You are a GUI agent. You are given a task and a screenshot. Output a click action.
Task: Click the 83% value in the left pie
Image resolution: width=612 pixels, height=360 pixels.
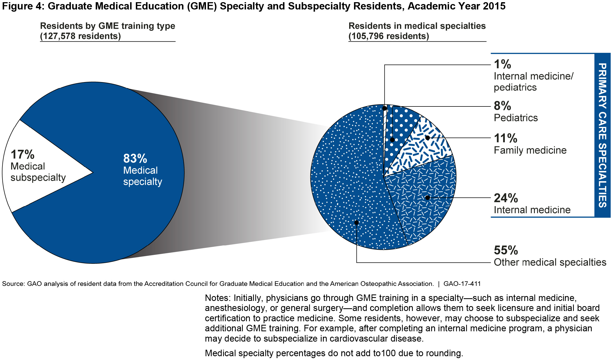click(x=135, y=159)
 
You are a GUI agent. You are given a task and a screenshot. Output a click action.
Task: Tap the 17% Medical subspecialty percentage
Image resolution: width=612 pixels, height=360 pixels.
click(x=22, y=155)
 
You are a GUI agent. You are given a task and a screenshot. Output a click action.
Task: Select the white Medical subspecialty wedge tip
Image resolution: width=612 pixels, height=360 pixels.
click(x=89, y=172)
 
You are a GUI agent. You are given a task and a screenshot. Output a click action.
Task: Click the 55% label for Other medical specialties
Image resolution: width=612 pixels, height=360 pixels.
click(x=506, y=250)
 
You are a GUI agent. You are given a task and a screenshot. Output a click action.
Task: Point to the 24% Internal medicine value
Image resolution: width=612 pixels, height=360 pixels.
click(x=506, y=198)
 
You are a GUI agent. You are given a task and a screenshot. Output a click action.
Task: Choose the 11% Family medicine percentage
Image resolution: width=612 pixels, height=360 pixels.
click(x=505, y=138)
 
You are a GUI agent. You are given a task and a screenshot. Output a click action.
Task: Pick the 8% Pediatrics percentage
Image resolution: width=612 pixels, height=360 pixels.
click(x=502, y=106)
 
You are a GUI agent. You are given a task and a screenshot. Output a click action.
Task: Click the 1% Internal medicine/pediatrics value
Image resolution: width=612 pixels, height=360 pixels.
click(x=502, y=64)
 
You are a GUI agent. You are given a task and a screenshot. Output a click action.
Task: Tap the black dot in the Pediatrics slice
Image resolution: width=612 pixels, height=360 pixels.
click(x=392, y=140)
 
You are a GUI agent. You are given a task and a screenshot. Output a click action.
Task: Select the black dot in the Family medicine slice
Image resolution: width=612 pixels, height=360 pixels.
click(x=428, y=138)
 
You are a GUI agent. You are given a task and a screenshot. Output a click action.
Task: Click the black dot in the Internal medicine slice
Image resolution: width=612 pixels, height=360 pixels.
click(x=428, y=198)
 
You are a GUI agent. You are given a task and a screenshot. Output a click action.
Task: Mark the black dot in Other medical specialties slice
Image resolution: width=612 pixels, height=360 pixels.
click(x=356, y=223)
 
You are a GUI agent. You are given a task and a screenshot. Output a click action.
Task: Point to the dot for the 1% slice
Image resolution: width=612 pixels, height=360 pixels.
click(x=384, y=108)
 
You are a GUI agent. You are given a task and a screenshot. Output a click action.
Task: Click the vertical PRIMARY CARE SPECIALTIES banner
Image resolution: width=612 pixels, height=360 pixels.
click(x=602, y=135)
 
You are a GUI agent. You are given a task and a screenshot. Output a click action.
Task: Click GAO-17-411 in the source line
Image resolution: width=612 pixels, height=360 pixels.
click(x=462, y=284)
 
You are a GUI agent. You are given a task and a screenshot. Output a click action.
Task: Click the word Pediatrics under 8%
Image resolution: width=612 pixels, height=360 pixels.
click(x=516, y=118)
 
